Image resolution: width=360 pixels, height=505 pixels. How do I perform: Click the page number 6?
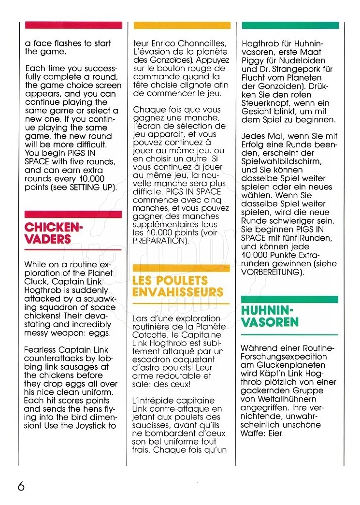(21, 485)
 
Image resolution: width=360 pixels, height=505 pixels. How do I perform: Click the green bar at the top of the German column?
(290, 25)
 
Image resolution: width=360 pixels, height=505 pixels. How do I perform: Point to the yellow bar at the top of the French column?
(182, 25)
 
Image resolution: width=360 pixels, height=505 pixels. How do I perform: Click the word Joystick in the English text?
(89, 426)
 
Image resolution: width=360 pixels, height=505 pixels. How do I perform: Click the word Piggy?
(253, 60)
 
